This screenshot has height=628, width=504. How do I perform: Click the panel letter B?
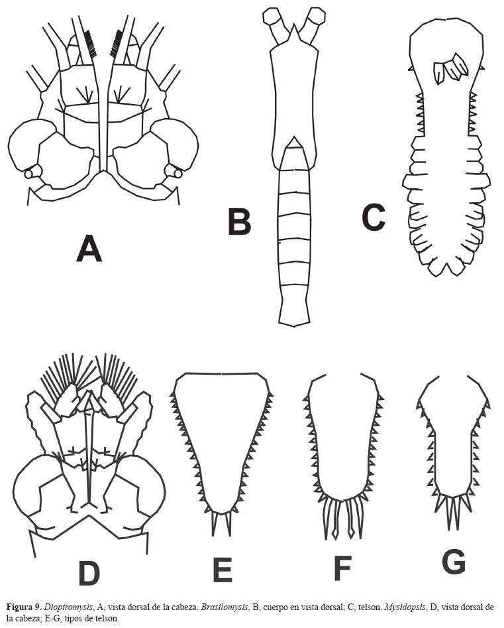tap(239, 221)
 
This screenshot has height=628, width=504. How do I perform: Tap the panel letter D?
tap(89, 572)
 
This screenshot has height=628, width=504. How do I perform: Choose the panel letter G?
tap(454, 562)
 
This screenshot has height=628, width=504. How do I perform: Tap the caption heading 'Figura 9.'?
tap(23, 606)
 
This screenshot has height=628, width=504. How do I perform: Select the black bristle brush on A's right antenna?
tap(117, 42)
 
